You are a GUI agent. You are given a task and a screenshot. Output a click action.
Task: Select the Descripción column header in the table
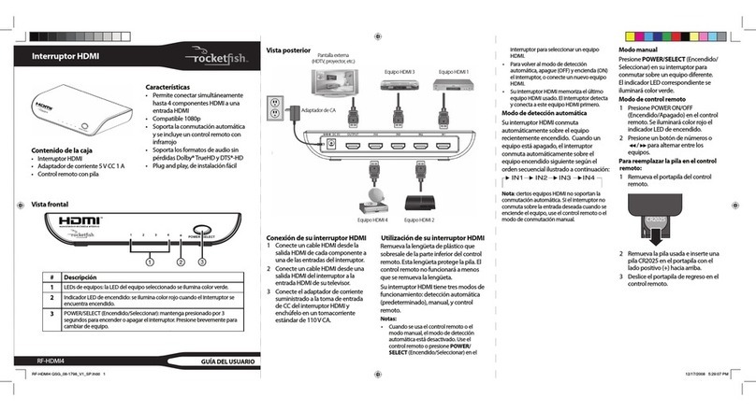tap(81, 277)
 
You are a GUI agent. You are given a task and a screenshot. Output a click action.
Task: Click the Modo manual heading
tap(642, 50)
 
